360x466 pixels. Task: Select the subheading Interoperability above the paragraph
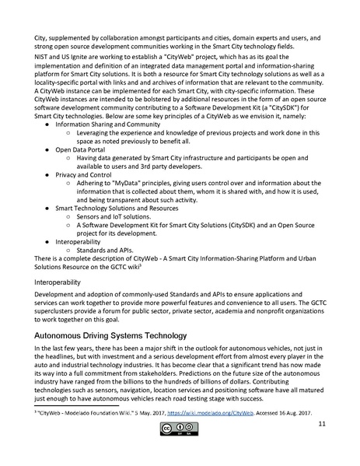58,282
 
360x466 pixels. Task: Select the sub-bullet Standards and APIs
109,251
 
